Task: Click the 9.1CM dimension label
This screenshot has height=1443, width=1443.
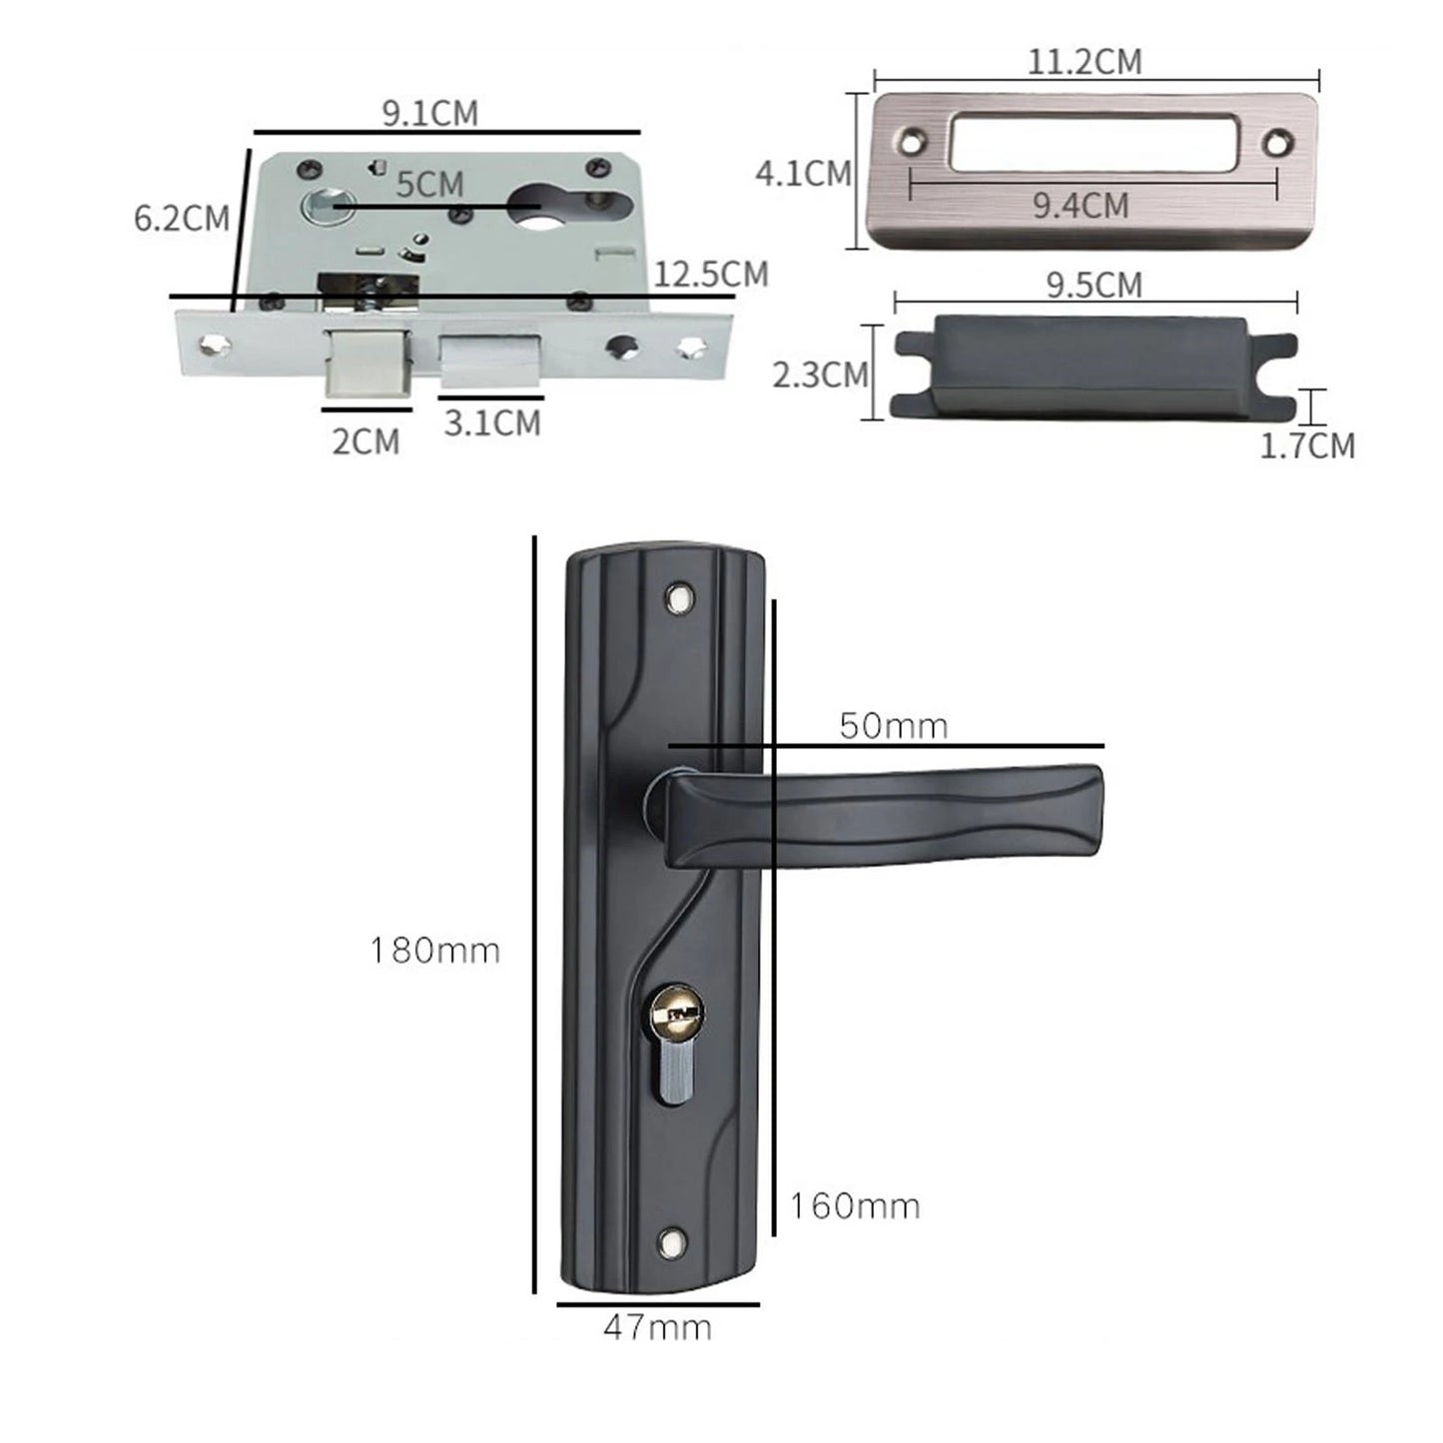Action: point(430,113)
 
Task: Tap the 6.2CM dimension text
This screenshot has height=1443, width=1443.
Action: point(181,218)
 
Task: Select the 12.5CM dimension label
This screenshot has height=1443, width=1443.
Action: point(711,274)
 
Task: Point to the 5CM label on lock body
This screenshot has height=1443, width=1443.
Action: point(429,185)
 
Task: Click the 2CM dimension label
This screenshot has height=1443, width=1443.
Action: point(365,440)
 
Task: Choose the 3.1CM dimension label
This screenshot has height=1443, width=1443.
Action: point(492,422)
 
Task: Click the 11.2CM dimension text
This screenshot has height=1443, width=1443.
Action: point(1084,62)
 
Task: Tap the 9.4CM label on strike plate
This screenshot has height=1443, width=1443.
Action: point(1081,206)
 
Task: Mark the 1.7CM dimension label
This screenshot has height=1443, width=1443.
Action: point(1307,445)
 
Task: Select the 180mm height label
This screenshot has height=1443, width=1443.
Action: point(434,950)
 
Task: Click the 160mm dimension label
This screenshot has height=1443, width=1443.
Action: point(855,1206)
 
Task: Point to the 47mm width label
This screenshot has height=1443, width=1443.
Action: point(657,1328)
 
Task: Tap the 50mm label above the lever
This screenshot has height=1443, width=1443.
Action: point(893,726)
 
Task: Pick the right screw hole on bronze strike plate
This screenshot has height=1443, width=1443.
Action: point(1275,144)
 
